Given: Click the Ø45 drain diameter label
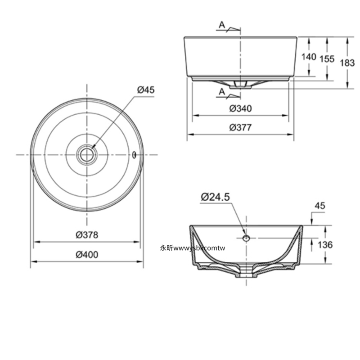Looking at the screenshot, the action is [x=146, y=90].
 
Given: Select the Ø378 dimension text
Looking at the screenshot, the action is [x=87, y=235].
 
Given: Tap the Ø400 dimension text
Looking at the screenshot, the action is [x=87, y=255].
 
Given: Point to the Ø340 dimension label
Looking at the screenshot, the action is [x=240, y=108].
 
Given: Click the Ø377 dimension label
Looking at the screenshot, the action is [x=240, y=127].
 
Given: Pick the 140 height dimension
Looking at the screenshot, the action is [x=309, y=57].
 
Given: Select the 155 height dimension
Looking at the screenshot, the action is [x=327, y=59].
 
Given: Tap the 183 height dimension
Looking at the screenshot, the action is [x=347, y=63].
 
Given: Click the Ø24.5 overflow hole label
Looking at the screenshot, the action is [x=215, y=197].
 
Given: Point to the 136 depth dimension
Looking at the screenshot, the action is [x=325, y=245].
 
